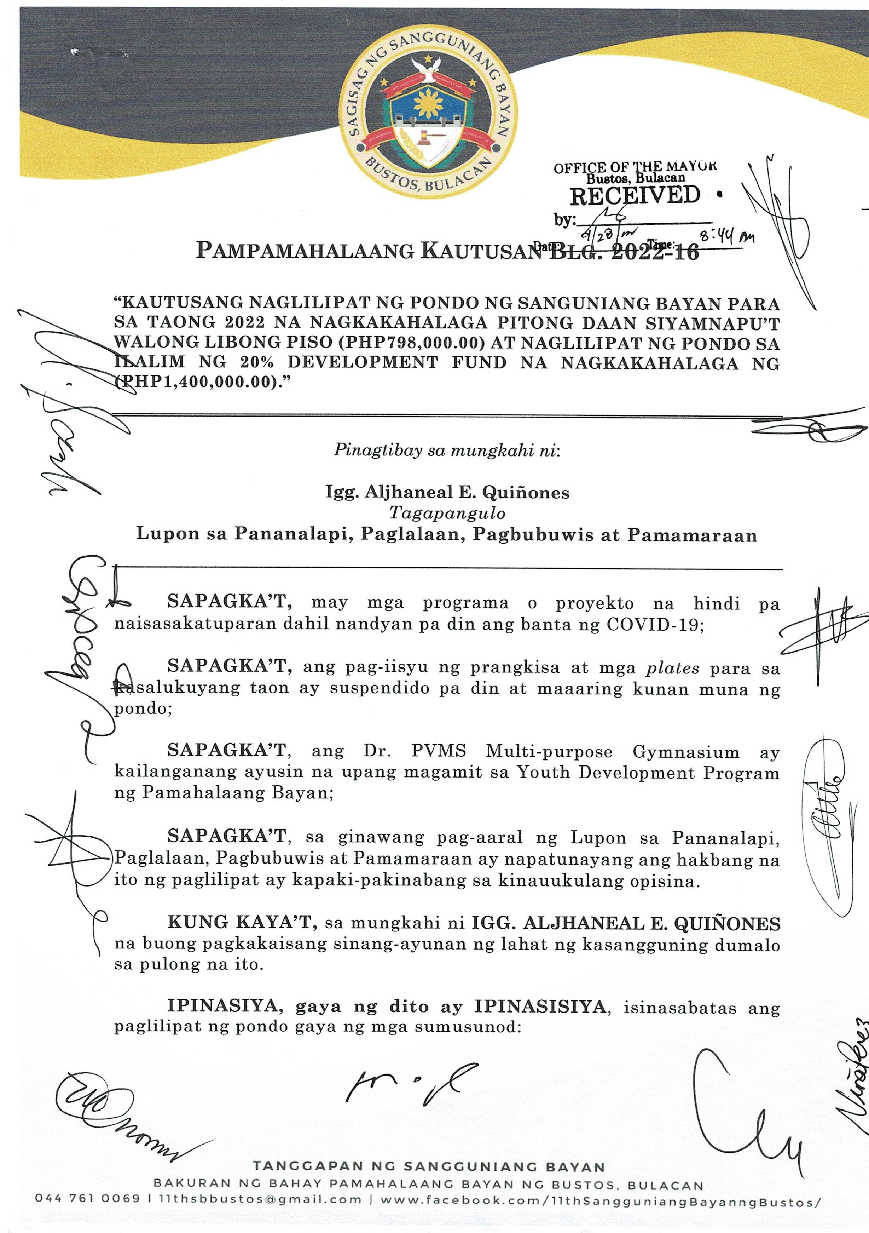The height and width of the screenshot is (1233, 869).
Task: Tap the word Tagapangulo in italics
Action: click(447, 514)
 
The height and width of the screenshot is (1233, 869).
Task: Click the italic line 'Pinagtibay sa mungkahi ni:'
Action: click(447, 450)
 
